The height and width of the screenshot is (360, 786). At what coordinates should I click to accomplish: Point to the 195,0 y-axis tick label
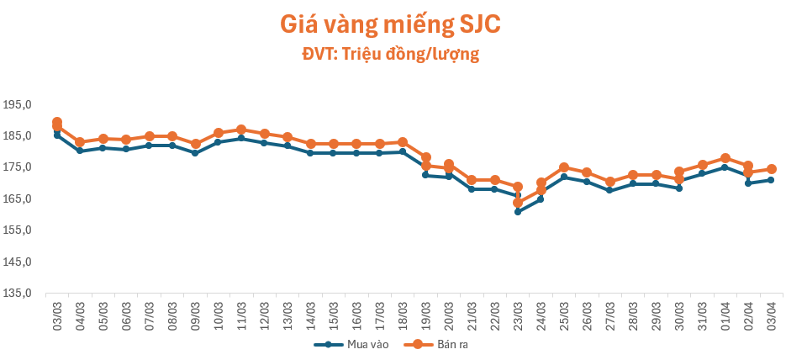17,105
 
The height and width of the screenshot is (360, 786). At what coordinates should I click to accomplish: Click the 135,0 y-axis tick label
17,294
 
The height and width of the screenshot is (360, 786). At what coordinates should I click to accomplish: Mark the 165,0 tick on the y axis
17,199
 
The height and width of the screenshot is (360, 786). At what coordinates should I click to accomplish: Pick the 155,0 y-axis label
17,230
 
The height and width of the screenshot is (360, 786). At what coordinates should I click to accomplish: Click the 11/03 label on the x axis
241,316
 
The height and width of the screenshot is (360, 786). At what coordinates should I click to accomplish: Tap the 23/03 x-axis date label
518,316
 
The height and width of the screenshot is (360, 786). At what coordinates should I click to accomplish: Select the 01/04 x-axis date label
725,316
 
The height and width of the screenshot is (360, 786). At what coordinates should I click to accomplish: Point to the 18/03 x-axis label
403,316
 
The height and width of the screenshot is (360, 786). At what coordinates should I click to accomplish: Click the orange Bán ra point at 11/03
241,130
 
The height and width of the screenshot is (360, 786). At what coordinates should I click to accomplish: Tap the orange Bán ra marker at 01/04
725,158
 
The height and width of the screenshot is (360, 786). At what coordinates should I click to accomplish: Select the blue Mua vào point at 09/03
195,153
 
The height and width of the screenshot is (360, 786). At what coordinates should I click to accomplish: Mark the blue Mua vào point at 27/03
609,190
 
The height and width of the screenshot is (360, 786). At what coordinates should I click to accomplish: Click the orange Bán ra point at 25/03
564,167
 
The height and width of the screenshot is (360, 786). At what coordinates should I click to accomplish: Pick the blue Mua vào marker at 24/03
541,199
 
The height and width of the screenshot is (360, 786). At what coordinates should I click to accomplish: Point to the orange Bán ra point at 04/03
80,142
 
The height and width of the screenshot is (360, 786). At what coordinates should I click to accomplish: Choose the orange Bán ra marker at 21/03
472,180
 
